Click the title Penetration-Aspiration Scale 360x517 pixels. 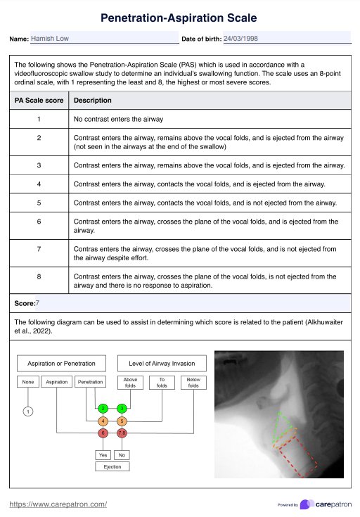[x=179, y=18]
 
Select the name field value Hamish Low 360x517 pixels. [x=50, y=38]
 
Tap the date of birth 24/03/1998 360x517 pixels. [x=240, y=38]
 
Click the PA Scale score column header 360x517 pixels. [x=39, y=100]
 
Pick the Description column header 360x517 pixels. [x=93, y=100]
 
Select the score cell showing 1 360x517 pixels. [x=39, y=119]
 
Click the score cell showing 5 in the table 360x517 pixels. [x=39, y=203]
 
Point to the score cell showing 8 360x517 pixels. [x=39, y=276]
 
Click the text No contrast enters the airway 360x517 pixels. [x=118, y=119]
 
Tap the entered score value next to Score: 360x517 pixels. [x=37, y=303]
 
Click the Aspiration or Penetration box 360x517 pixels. [x=61, y=364]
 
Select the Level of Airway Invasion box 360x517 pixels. [x=162, y=364]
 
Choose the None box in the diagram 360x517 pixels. [x=28, y=382]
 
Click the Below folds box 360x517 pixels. [x=193, y=383]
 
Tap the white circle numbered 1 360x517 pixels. [x=28, y=411]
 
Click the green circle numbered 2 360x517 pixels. [x=103, y=409]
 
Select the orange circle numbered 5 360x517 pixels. [x=122, y=421]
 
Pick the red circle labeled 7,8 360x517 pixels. [x=122, y=433]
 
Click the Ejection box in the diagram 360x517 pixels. [x=112, y=466]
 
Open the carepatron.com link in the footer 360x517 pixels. [x=58, y=504]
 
